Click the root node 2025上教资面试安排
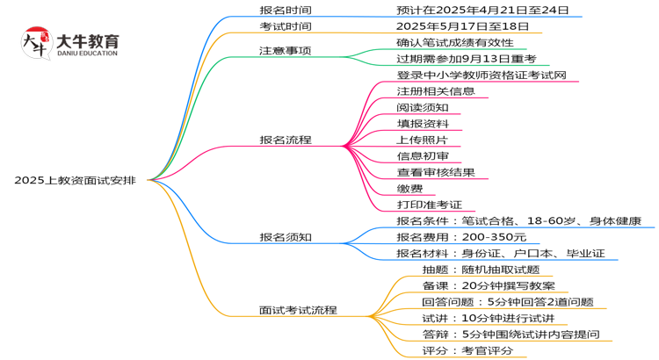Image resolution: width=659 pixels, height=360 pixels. [75, 180]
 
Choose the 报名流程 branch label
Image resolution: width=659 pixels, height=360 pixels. [286, 140]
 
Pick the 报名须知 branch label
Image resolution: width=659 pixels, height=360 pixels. [286, 237]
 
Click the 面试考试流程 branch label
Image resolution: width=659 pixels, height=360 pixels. [298, 310]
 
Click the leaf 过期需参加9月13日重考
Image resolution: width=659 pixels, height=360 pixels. [466, 59]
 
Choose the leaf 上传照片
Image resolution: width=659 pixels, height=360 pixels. [423, 140]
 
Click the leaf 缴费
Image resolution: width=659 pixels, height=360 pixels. [409, 188]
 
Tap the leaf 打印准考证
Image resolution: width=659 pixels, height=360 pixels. [429, 205]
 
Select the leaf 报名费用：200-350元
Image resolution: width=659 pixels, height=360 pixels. [461, 237]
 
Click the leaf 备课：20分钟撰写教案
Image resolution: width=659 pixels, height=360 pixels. [487, 286]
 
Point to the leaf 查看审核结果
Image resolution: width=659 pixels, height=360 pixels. [436, 172]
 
